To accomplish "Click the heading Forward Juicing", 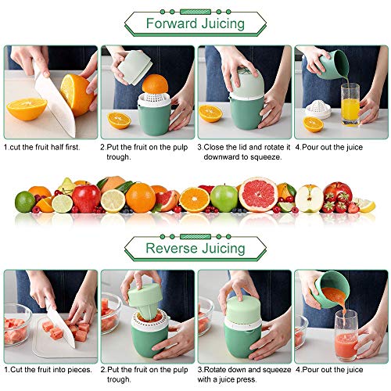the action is point(195,23).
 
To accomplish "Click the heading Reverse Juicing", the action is point(195,248).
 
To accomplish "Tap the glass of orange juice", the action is point(350,104).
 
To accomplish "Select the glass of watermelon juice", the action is point(346,335).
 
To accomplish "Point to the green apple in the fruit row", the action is point(224,198).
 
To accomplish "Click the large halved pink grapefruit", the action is point(258,194).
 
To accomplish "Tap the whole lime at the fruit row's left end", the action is point(25,202).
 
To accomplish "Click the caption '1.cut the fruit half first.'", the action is point(41,147).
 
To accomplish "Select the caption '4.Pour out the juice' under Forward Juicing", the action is point(329,147).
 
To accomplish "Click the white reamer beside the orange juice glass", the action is point(318,109).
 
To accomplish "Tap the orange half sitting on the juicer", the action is point(155,84).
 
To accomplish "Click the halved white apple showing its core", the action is point(309,199).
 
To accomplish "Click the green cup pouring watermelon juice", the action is point(332,289).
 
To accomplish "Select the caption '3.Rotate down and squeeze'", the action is point(244,370).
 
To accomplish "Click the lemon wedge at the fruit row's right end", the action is point(366,205).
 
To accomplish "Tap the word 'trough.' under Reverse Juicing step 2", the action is point(119,379).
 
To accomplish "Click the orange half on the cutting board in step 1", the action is point(27,109).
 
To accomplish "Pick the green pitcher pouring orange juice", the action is point(334,65).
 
